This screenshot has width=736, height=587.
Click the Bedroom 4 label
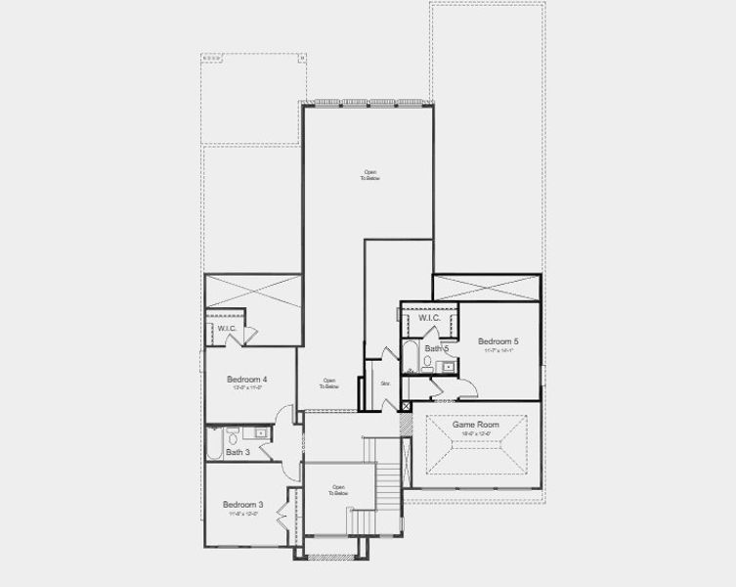(247, 379)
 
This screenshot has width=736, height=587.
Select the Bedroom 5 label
(498, 340)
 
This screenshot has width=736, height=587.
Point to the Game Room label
(476, 425)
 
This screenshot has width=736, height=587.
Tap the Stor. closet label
(385, 383)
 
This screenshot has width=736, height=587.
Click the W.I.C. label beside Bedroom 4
(227, 328)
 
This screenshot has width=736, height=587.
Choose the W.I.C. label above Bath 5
(430, 318)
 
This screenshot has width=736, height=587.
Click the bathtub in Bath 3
(214, 445)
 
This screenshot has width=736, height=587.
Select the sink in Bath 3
(261, 432)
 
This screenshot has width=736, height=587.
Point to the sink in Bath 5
(447, 367)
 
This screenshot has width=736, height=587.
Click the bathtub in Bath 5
(411, 357)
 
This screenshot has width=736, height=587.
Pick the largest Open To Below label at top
(367, 176)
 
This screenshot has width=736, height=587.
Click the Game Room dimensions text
(476, 433)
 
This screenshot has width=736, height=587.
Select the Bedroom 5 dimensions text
(498, 350)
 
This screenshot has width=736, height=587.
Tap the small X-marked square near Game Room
(407, 403)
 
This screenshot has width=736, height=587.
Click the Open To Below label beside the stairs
(338, 490)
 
